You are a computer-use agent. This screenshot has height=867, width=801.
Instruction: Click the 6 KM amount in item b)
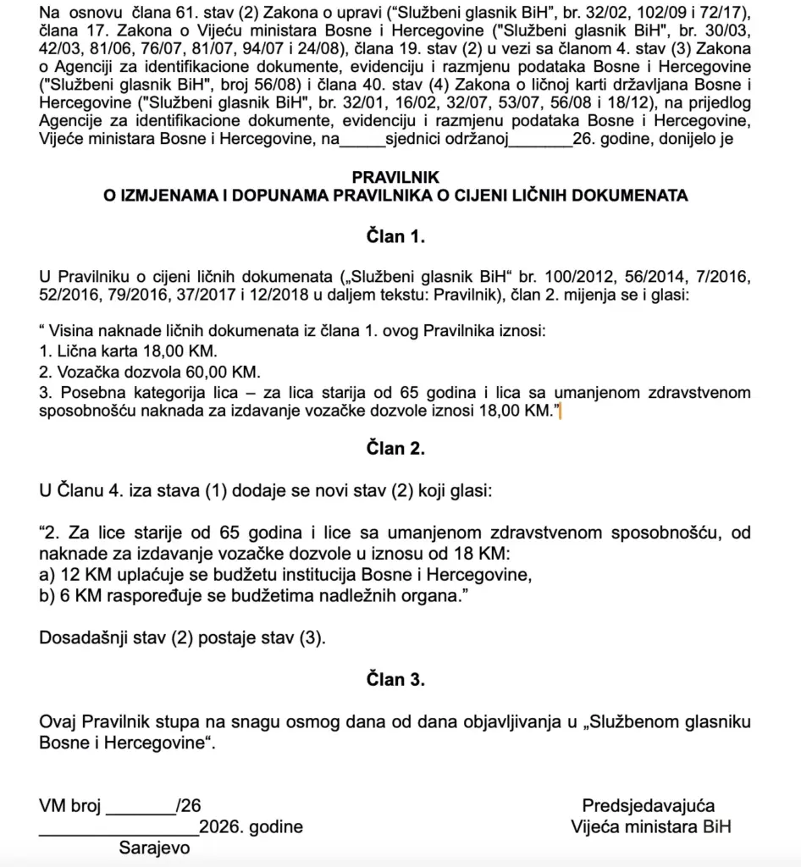tap(75, 597)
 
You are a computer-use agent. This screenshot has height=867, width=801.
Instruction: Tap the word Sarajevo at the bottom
tap(155, 848)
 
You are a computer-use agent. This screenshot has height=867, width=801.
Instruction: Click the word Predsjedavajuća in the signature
tap(648, 805)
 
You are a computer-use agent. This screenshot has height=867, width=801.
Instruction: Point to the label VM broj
tap(69, 805)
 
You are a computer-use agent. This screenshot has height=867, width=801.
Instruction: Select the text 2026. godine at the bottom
tap(251, 826)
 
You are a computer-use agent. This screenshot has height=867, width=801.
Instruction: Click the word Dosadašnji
tap(85, 638)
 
